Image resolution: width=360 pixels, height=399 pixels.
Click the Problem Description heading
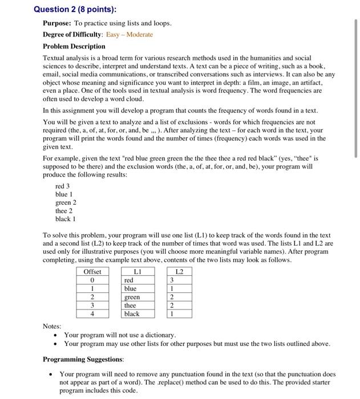pyautogui.click(x=74, y=46)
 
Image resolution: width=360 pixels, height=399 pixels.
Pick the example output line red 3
pyautogui.click(x=62, y=186)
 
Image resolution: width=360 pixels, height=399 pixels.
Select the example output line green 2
pyautogui.click(x=66, y=202)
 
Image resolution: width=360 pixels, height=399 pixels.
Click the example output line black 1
pyautogui.click(x=65, y=218)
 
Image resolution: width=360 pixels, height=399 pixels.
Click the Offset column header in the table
pyautogui.click(x=92, y=272)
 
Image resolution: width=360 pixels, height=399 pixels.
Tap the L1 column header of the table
pyautogui.click(x=137, y=272)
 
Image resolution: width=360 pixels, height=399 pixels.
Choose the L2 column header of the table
pyautogui.click(x=179, y=272)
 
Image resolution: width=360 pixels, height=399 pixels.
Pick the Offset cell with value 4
pyautogui.click(x=92, y=314)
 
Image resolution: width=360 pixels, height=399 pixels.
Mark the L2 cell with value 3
pyautogui.click(x=172, y=280)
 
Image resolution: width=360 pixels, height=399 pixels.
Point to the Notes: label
pyautogui.click(x=52, y=326)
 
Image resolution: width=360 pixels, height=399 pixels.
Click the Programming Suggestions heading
pyautogui.click(x=83, y=360)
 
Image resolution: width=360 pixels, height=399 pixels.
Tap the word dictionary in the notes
pyautogui.click(x=158, y=335)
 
